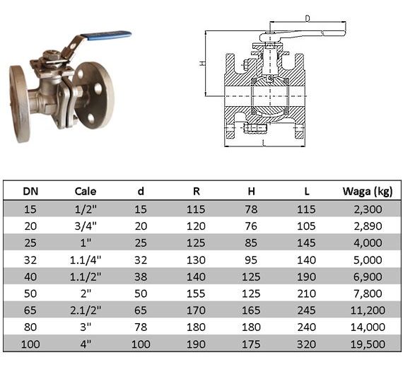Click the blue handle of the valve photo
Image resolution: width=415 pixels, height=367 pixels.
106,36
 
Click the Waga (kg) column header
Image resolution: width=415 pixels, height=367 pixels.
368,192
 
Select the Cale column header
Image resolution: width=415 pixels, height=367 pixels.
86,191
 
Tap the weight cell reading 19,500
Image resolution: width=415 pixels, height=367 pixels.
368,344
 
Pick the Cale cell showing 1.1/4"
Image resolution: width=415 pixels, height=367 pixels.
86,260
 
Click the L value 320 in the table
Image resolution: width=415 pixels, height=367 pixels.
306,344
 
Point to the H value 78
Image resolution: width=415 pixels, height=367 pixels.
251,209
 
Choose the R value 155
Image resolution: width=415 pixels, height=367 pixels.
196,293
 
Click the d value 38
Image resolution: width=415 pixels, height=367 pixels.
141,276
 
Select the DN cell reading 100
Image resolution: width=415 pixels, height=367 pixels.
30,344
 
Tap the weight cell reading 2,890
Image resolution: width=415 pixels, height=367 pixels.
368,226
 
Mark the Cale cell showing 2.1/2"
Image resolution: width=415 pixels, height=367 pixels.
86,310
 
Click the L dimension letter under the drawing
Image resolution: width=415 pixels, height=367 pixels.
263,144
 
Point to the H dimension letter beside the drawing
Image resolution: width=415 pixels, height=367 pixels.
202,63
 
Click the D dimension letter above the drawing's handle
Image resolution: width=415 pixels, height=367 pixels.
308,18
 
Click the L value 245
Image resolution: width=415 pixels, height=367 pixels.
306,310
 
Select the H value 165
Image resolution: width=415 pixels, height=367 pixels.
251,310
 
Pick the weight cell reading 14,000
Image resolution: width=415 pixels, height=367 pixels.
368,327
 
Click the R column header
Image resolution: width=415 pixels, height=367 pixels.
196,191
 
